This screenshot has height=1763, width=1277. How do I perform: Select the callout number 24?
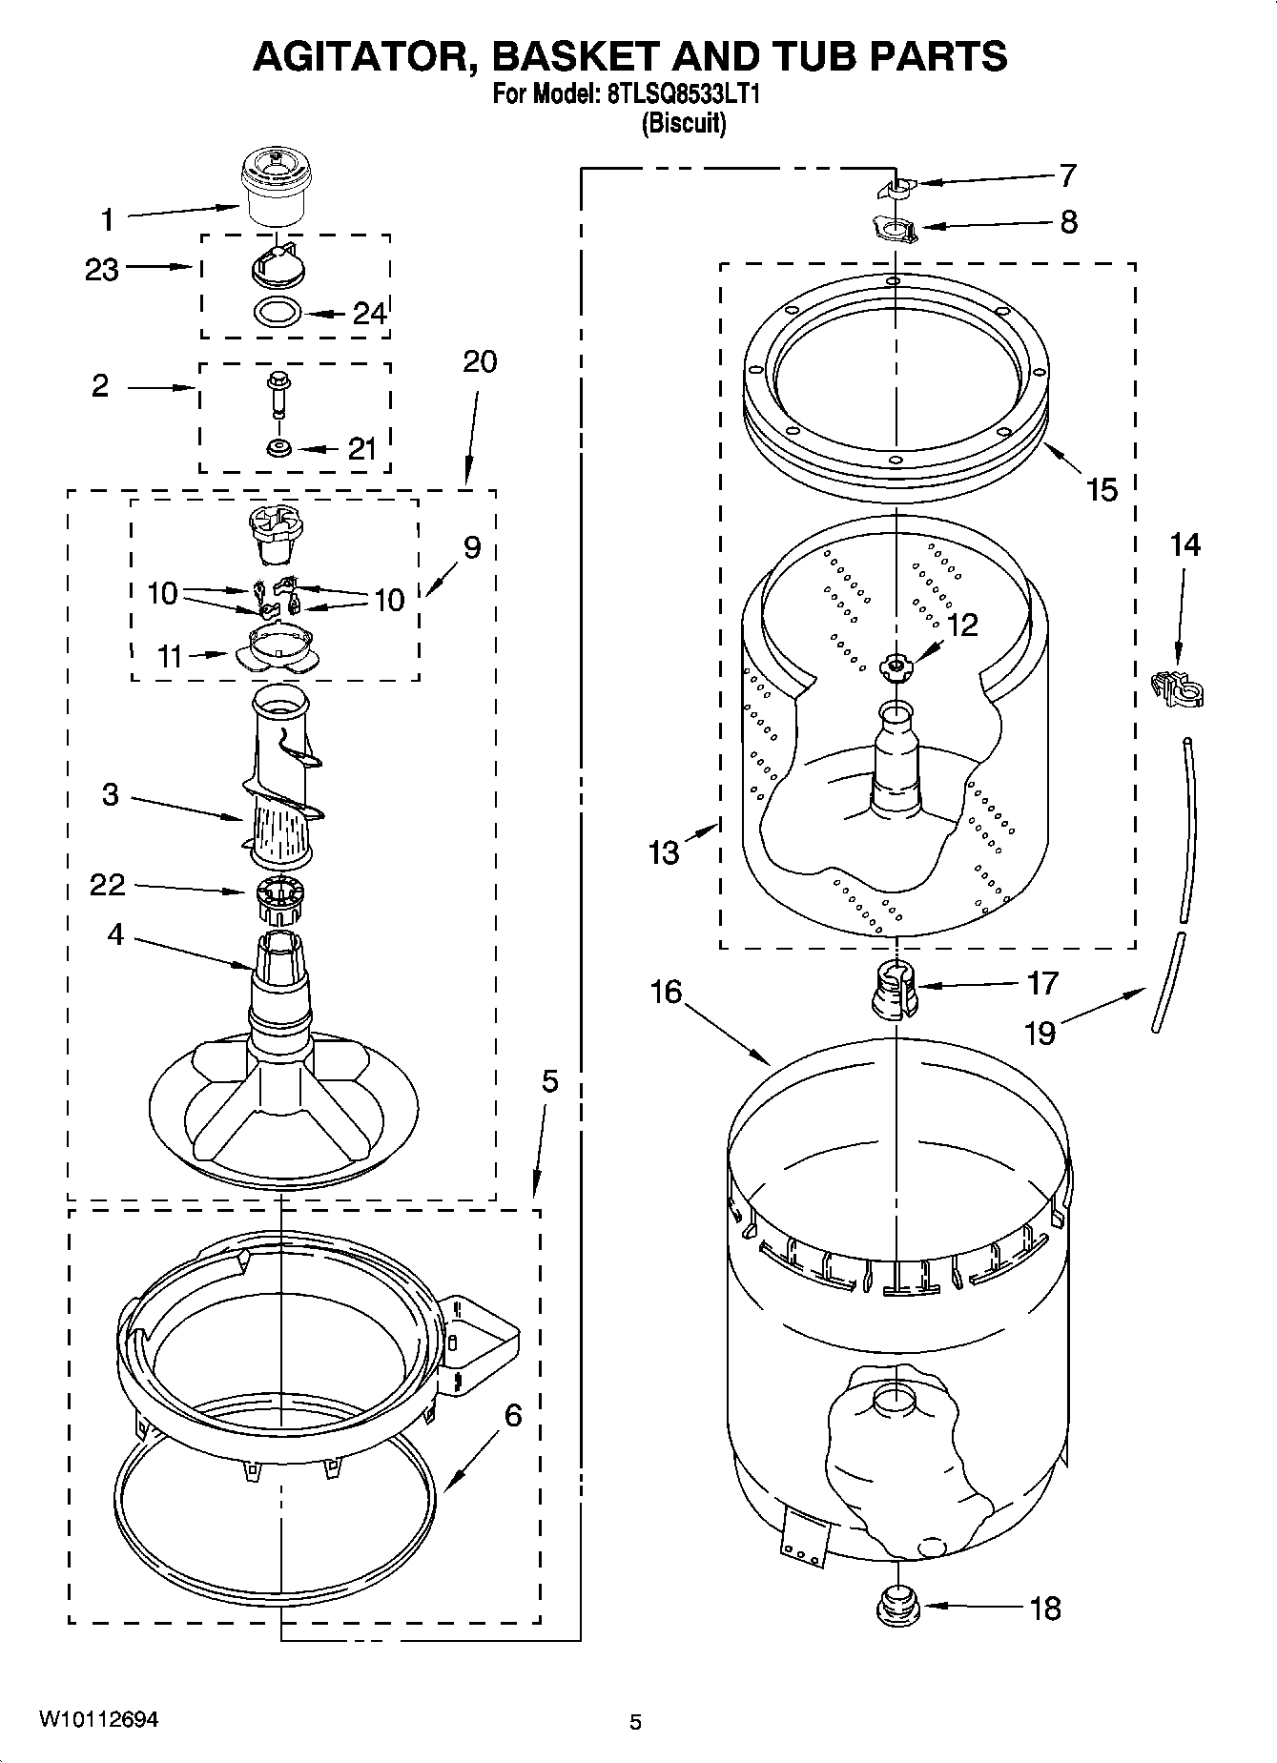click(x=369, y=313)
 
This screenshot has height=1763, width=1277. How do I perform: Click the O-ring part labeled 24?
click(x=278, y=312)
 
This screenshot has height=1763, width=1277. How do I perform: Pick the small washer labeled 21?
click(x=278, y=447)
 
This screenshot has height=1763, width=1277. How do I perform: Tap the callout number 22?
click(x=107, y=885)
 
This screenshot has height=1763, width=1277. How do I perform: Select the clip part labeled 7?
click(x=895, y=189)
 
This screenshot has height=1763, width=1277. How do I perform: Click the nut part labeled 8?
click(x=895, y=230)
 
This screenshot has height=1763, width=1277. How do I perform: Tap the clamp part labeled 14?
click(x=1177, y=687)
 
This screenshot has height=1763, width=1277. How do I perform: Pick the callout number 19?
click(x=1040, y=1033)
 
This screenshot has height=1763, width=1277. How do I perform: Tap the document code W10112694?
click(x=98, y=1719)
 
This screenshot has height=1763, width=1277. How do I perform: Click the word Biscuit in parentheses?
click(x=683, y=123)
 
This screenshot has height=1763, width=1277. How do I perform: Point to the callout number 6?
click(x=512, y=1416)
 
